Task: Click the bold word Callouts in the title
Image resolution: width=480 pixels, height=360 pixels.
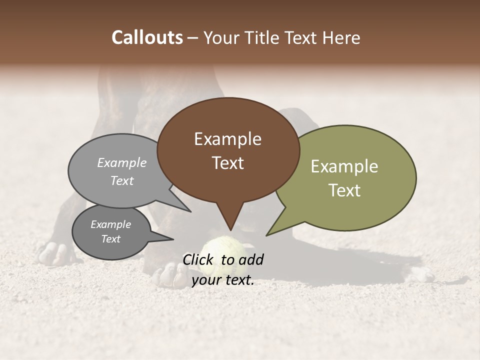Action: point(147,37)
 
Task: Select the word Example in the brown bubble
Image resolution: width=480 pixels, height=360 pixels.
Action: point(227,139)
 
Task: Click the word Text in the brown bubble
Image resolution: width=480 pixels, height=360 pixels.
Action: point(227,163)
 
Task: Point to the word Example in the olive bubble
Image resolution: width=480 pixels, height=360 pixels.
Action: point(344,166)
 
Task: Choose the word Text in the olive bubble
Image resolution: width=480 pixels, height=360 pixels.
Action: point(344,190)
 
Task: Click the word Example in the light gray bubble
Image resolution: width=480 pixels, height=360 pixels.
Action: point(122,163)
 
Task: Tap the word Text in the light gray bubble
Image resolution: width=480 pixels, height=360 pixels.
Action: point(122,180)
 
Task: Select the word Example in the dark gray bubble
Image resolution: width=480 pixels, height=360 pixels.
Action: point(110,224)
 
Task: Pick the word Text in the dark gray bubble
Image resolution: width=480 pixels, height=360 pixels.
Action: point(110,239)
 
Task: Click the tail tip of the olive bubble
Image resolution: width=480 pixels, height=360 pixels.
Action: point(266,235)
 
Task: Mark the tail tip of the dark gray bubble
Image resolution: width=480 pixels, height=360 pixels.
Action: point(173,239)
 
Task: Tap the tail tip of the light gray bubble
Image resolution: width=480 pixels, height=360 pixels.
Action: point(191,212)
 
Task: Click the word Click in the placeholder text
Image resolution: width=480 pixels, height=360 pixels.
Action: point(199,259)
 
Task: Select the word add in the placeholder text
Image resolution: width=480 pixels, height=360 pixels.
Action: point(251,259)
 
